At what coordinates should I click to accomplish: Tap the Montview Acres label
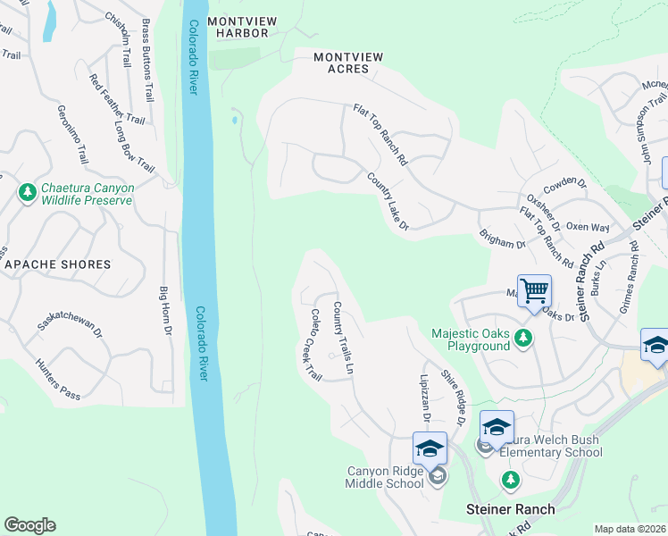(348, 63)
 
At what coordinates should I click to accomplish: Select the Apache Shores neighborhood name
(58, 264)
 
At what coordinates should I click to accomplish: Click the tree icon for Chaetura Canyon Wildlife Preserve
(28, 192)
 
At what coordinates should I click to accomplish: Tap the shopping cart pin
(534, 290)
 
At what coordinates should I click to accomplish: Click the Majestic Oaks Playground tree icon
(523, 338)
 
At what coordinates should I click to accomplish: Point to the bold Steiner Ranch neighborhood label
(510, 509)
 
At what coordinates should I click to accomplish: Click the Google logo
(29, 525)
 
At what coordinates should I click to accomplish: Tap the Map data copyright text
(630, 529)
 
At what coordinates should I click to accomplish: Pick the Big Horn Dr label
(164, 311)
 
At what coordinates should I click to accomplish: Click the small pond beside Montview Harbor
(234, 118)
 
